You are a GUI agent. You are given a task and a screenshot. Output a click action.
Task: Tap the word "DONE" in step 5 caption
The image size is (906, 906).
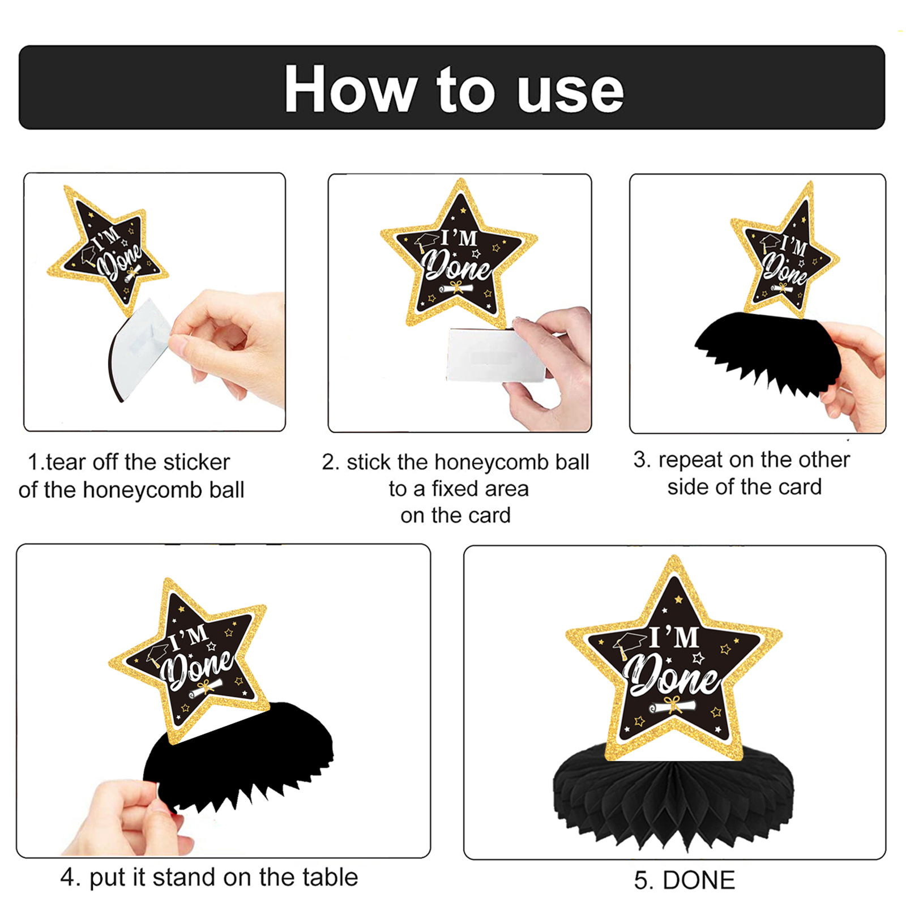point(699,881)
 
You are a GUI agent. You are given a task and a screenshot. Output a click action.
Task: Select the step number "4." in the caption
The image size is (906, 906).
point(71,878)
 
